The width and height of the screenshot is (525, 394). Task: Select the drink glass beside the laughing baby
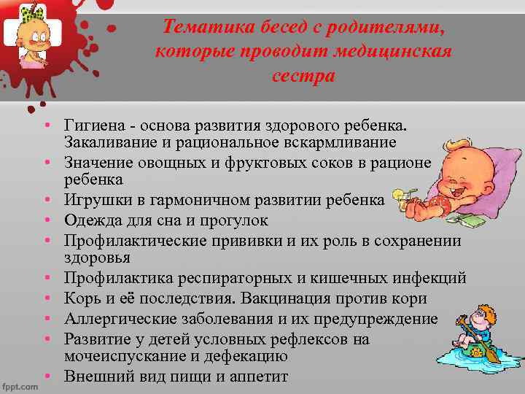400,198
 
